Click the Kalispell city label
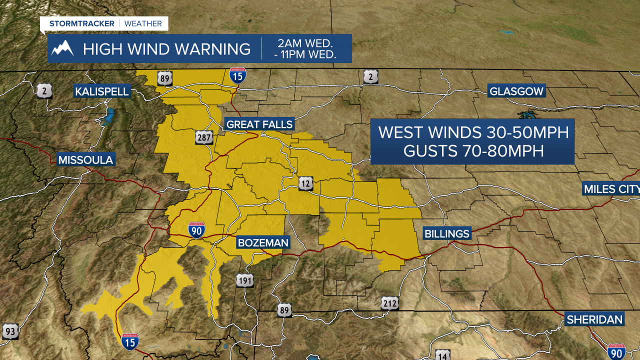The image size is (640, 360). [101, 91]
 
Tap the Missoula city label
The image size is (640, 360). [85, 160]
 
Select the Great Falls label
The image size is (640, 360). [259, 124]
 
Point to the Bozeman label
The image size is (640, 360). [263, 243]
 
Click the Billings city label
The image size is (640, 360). [446, 233]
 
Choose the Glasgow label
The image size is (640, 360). [516, 91]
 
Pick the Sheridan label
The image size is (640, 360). [594, 319]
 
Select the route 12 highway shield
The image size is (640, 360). [306, 183]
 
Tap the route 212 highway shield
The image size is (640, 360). [389, 302]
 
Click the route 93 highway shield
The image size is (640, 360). [9, 330]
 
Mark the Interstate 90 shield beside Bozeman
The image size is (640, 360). [196, 229]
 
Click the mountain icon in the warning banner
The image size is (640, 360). [62, 48]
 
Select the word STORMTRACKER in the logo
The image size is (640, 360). [81, 23]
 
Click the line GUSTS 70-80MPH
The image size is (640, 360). [473, 151]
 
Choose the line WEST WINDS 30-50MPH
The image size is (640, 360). [473, 132]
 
